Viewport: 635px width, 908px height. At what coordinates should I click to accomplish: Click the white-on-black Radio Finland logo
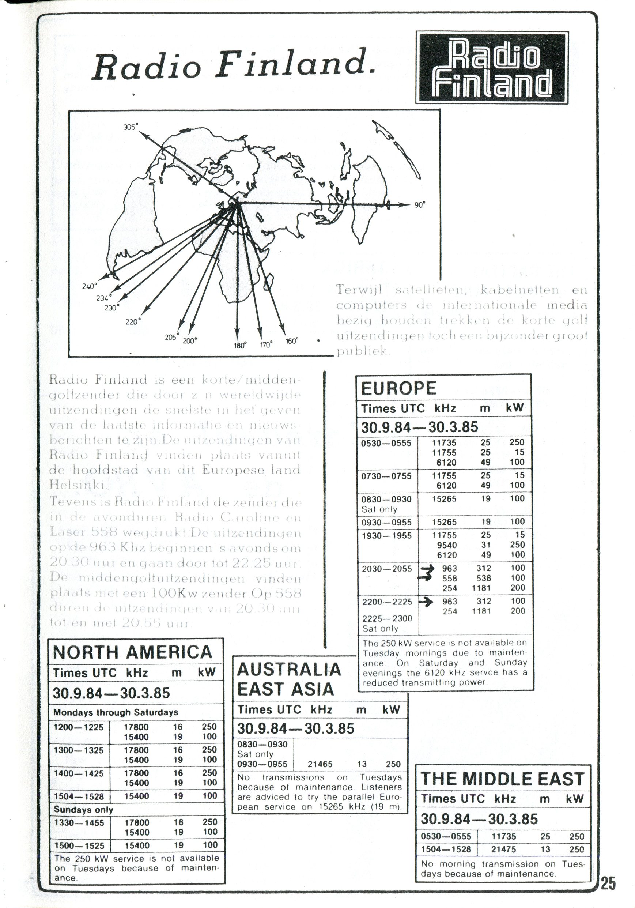point(491,68)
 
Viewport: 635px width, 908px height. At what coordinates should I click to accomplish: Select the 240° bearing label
point(90,286)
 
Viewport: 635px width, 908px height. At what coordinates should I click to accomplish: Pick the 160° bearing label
point(292,341)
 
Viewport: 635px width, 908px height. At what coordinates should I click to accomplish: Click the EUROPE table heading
point(398,388)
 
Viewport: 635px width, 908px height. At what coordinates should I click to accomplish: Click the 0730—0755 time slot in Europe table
point(386,476)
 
